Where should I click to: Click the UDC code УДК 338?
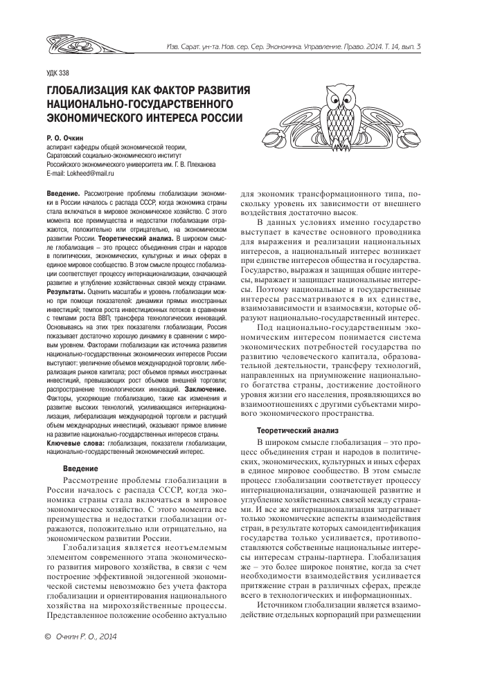pos(57,73)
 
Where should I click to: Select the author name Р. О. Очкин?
pos(67,138)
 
